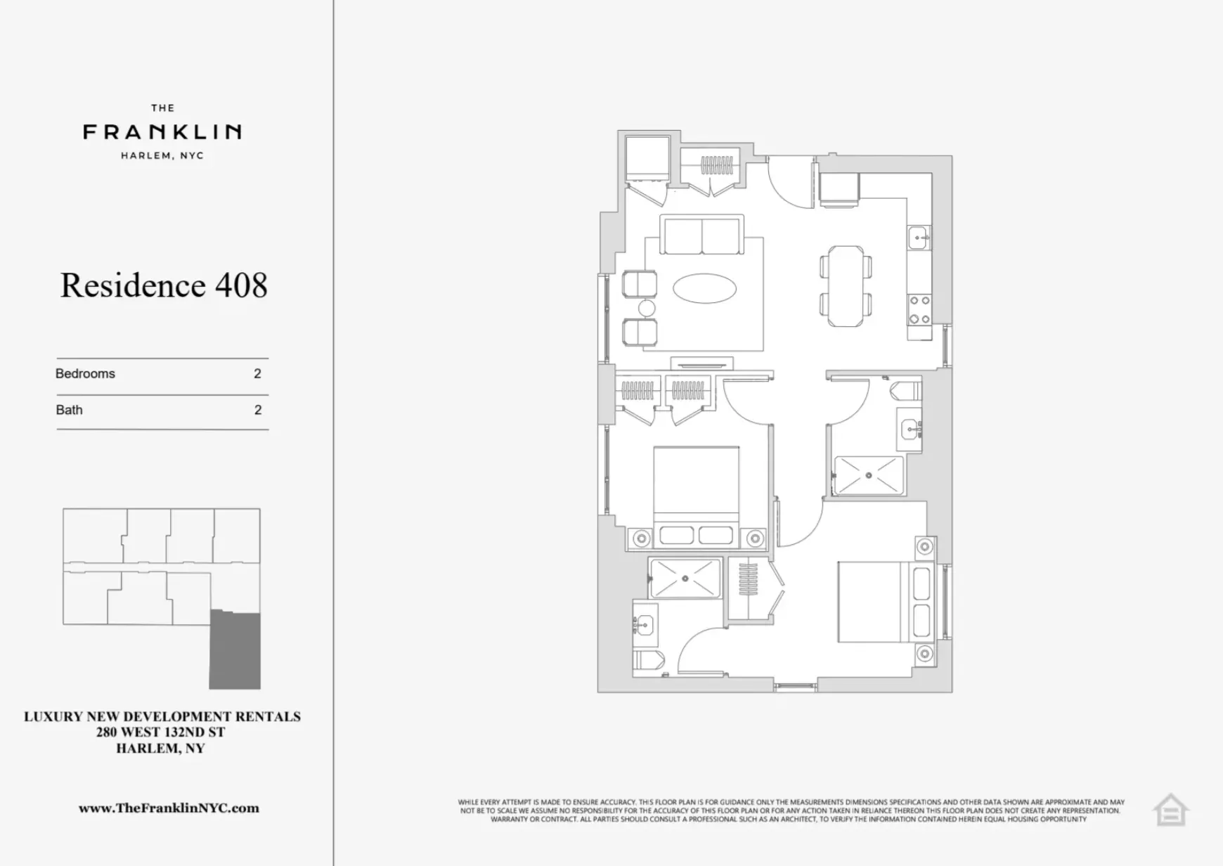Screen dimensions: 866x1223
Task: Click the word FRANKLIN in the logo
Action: (x=162, y=131)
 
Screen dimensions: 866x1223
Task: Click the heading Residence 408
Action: (x=164, y=285)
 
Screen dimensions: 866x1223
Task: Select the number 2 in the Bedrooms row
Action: (x=257, y=374)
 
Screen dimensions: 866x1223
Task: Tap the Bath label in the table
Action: (x=69, y=410)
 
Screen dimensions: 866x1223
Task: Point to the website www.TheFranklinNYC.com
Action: (x=169, y=808)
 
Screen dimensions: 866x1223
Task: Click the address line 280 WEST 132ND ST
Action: (x=161, y=732)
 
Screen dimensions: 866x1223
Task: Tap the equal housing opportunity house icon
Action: (x=1170, y=811)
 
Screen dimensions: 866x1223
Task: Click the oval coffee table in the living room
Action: (x=704, y=288)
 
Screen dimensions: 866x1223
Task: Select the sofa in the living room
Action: (x=701, y=235)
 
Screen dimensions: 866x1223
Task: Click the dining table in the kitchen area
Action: (x=846, y=285)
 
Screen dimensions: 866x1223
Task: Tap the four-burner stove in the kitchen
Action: (x=919, y=310)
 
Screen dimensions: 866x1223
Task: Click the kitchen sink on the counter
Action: (x=919, y=238)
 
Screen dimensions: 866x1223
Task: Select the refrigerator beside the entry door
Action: (x=839, y=188)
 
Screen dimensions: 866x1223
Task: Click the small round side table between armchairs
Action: (x=647, y=309)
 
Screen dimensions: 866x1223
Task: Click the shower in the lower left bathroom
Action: (x=685, y=579)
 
